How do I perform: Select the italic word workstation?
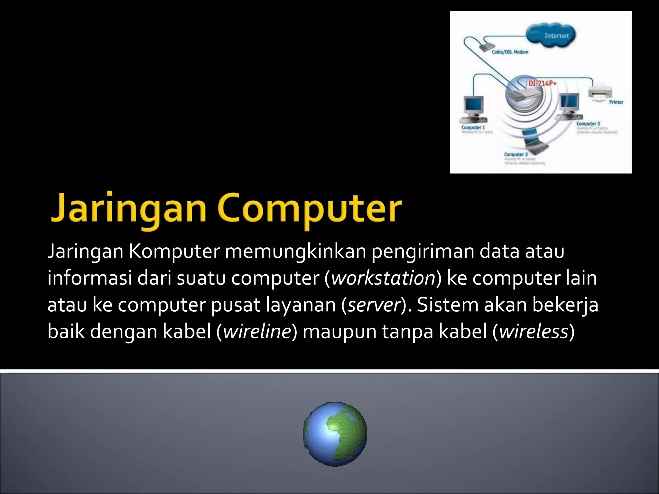click(x=383, y=278)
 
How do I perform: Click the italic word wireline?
click(x=257, y=332)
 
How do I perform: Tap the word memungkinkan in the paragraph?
click(x=295, y=252)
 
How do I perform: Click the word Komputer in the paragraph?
click(x=174, y=252)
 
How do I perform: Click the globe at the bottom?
click(x=335, y=434)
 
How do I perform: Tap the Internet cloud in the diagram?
click(x=551, y=35)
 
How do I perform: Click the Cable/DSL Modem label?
click(x=510, y=52)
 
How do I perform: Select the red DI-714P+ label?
click(x=543, y=83)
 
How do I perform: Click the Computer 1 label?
click(x=473, y=127)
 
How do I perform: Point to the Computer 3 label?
click(x=588, y=123)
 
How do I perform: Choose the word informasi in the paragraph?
click(x=90, y=278)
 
